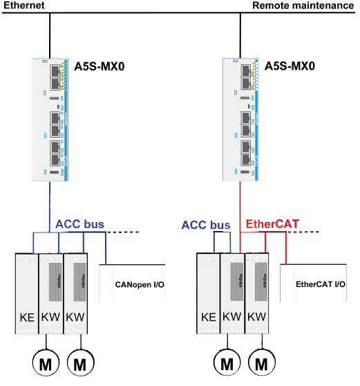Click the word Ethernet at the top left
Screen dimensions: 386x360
pyautogui.click(x=23, y=6)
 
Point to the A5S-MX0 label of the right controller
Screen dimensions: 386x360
pyautogui.click(x=290, y=68)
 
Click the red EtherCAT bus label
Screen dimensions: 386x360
pyautogui.click(x=274, y=225)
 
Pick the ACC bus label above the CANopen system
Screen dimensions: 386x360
pyautogui.click(x=79, y=225)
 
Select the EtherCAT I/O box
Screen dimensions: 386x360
pyautogui.click(x=319, y=284)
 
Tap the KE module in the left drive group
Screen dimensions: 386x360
pyautogui.click(x=26, y=294)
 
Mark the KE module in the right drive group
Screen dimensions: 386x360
pyautogui.click(x=207, y=294)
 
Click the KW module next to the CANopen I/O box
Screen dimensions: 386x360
pyautogui.click(x=75, y=294)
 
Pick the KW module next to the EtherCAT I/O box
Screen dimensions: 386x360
pyautogui.click(x=257, y=294)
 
